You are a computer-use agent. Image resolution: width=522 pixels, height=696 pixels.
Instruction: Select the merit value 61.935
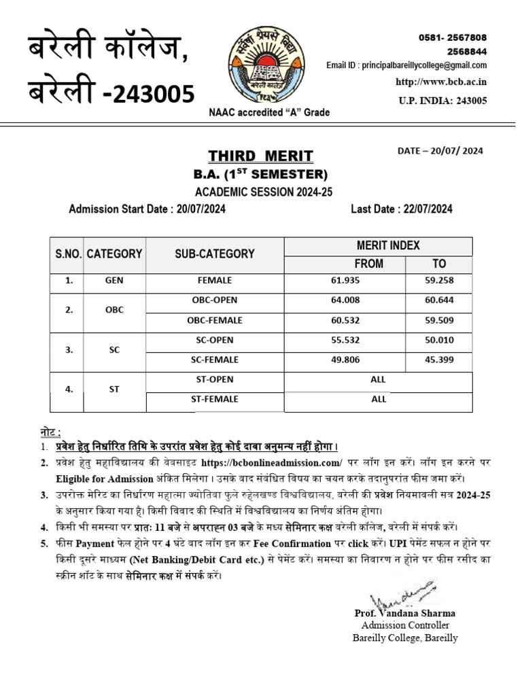[x=345, y=280]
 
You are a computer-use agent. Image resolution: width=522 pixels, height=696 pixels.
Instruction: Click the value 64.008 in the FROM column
[x=345, y=300]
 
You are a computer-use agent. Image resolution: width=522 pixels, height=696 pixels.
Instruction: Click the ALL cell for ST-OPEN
[x=378, y=380]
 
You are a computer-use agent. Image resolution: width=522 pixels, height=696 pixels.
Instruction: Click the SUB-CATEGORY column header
[x=214, y=254]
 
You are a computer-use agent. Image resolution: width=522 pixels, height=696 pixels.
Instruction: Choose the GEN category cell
[x=114, y=280]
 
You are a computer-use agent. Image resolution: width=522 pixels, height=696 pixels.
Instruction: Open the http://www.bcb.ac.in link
[x=441, y=82]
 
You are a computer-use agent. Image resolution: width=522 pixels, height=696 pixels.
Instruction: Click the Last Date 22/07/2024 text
[x=401, y=209]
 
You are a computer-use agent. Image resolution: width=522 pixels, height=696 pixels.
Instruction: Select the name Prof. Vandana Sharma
[x=404, y=613]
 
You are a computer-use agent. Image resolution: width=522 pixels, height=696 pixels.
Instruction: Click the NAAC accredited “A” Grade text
[x=269, y=112]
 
